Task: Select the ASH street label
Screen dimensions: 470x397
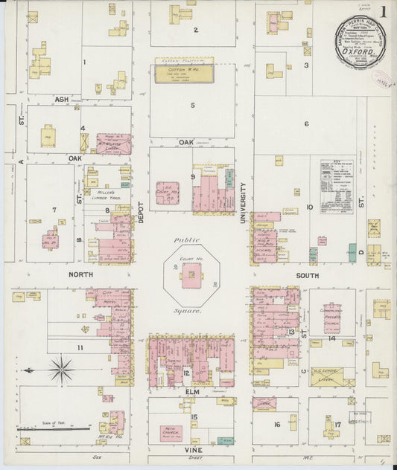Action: click(61, 98)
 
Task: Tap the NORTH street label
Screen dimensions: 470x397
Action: click(80, 274)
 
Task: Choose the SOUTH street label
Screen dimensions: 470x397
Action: click(306, 274)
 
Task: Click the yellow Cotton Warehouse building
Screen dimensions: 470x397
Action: click(183, 72)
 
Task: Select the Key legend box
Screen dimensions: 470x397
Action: click(337, 187)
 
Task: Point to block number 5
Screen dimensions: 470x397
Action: click(192, 105)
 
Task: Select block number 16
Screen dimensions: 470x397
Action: click(276, 425)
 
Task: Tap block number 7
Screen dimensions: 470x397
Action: click(54, 210)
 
